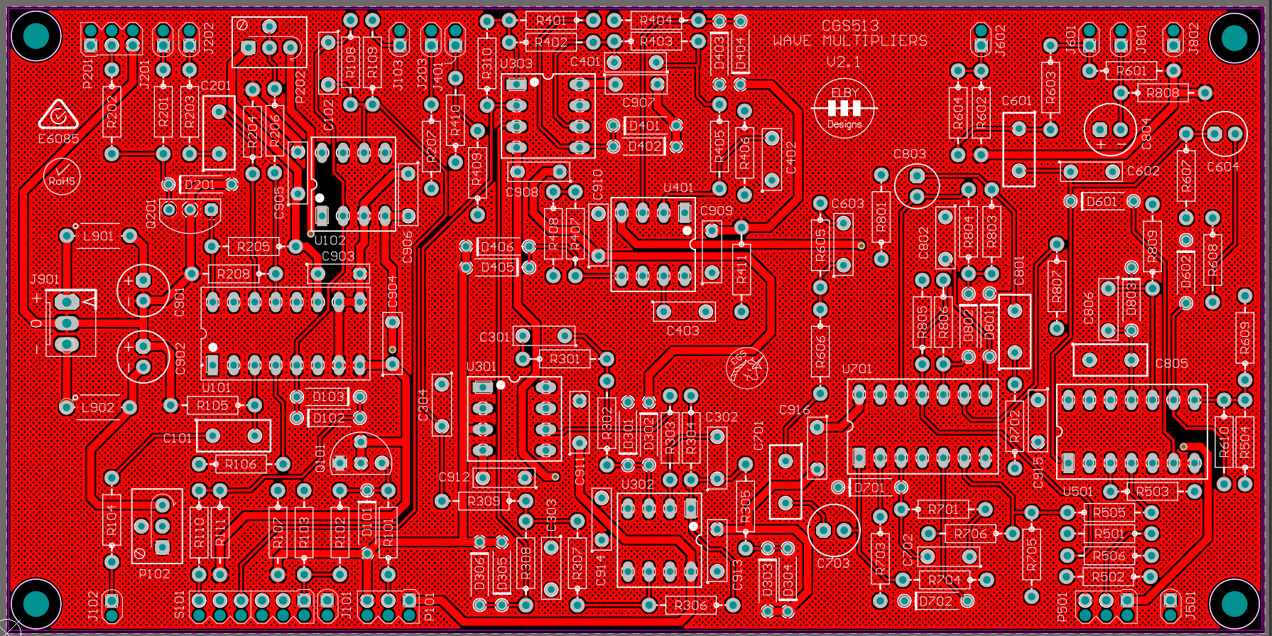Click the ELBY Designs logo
coord(844,108)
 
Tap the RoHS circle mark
coord(62,177)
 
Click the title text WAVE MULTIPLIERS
coord(850,41)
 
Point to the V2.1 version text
coord(843,62)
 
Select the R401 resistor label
coord(551,21)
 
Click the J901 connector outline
coord(69,323)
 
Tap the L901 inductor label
coord(98,236)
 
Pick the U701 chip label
coord(857,369)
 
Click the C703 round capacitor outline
coord(834,530)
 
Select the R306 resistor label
coord(690,605)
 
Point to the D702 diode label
coord(935,601)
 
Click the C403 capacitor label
coord(683,330)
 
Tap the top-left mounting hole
coord(36,36)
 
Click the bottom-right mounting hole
coord(1234,604)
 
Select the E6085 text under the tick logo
coord(58,139)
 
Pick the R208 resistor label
coord(234,274)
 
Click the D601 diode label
coord(1102,202)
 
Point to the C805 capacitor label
coord(1171,364)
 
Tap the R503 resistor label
coord(1152,491)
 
